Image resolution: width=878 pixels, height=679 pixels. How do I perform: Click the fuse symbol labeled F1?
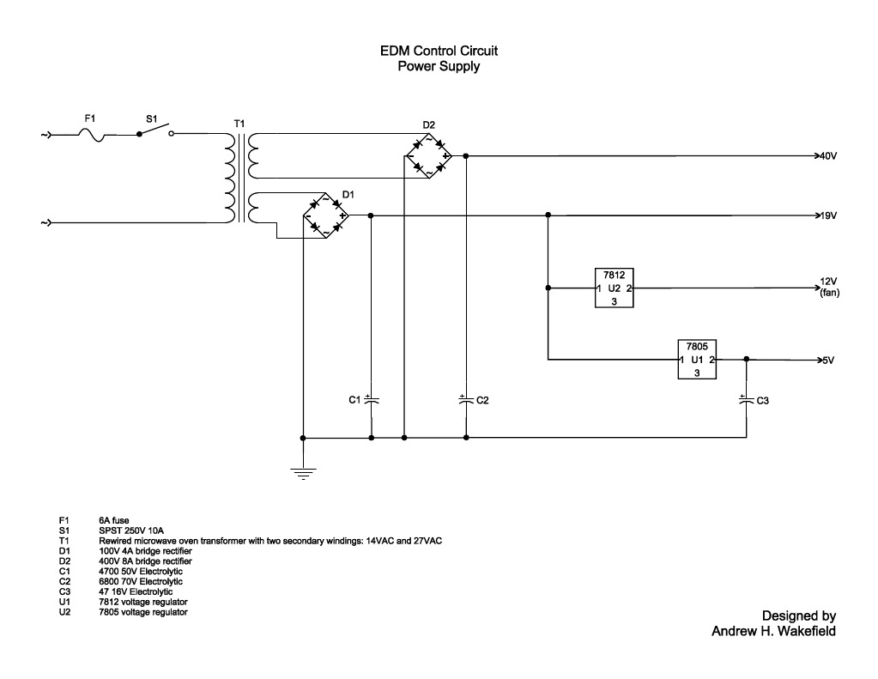93,134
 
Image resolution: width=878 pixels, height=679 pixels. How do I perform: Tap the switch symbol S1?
154,131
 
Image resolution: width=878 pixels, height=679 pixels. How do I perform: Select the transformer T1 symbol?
240,177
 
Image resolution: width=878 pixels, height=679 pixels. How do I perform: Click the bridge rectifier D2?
428,156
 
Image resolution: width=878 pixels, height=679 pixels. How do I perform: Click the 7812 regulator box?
614,288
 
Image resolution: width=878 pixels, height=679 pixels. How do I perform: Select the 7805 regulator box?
697,360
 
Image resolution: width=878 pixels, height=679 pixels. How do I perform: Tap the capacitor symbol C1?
371,400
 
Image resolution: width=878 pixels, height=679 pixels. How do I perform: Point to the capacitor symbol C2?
464,400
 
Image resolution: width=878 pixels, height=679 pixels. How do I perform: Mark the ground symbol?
302,470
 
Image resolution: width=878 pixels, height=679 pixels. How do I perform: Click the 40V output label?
828,157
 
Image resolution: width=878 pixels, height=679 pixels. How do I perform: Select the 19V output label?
828,215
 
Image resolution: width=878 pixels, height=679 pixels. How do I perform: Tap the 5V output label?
827,361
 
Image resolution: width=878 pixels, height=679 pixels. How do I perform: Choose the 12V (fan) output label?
829,288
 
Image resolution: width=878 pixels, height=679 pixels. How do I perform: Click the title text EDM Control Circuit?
439,52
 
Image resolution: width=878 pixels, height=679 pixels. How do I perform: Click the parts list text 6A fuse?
114,520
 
